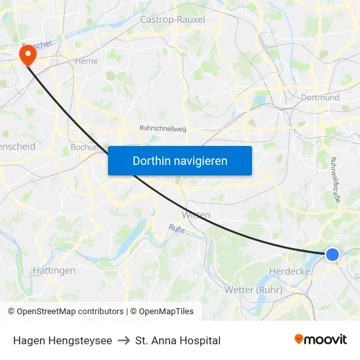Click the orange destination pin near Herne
[x=28, y=54]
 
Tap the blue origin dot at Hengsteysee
[x=333, y=255]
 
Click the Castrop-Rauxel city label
[x=172, y=20]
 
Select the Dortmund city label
[x=320, y=98]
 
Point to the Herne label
[x=86, y=61]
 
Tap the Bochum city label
[x=84, y=147]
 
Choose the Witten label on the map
[x=197, y=215]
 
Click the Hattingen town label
[x=54, y=270]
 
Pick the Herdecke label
[x=289, y=270]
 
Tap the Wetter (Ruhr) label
[x=253, y=289]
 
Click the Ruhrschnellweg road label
[x=163, y=129]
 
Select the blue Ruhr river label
[x=176, y=229]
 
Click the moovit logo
[x=321, y=339]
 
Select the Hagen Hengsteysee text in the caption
[x=62, y=340]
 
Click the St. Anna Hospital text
[x=177, y=340]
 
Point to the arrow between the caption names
[x=123, y=340]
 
